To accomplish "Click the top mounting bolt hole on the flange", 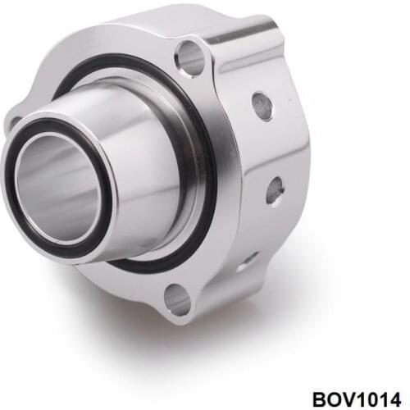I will pyautogui.click(x=190, y=58).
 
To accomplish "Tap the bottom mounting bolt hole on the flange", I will pyautogui.click(x=176, y=299).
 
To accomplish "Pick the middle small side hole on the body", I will pyautogui.click(x=275, y=190).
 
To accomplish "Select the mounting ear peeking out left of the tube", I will pyautogui.click(x=14, y=123).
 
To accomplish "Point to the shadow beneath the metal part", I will pyautogui.click(x=246, y=328).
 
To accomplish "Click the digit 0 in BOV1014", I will pyautogui.click(x=370, y=392).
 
